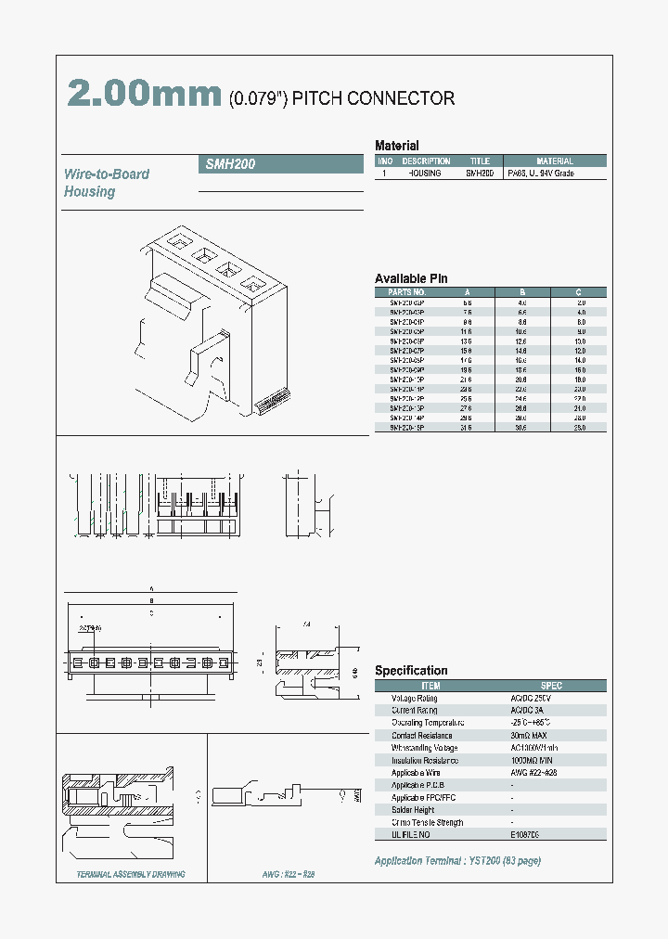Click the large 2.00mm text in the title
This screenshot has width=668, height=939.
point(145,95)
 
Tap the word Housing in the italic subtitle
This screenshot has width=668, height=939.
point(90,192)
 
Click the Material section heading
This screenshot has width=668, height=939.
point(396,146)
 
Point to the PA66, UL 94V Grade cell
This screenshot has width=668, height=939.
point(541,174)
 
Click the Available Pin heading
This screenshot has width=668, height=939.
point(411,279)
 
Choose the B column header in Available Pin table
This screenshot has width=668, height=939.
point(522,292)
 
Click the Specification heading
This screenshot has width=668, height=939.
point(411,671)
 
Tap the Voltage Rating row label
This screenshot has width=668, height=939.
point(414,698)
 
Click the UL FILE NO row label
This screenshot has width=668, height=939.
point(413,835)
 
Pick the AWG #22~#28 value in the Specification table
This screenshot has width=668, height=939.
point(533,773)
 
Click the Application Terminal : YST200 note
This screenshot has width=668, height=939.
point(457,861)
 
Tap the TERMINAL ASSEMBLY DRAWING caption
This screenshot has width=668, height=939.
point(130,875)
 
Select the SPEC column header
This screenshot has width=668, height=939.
point(551,686)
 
